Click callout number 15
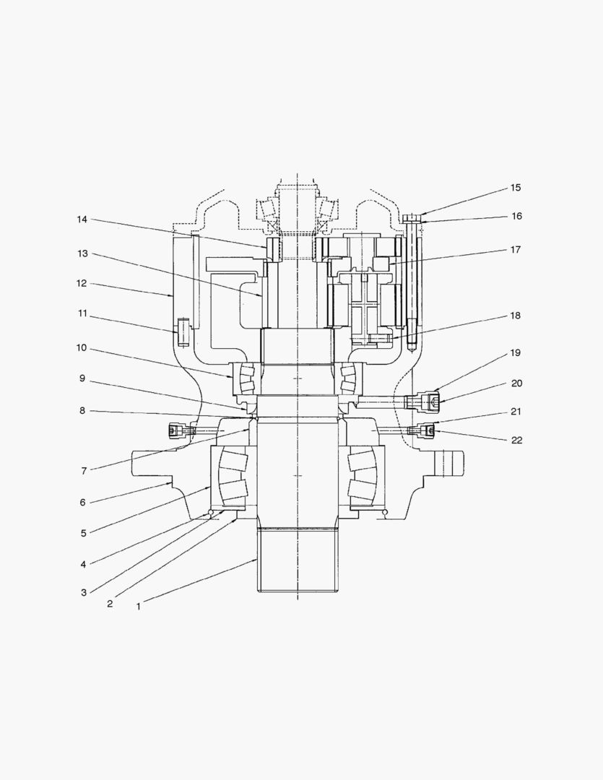tap(516, 188)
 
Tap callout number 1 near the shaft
tap(139, 607)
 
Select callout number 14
tap(82, 220)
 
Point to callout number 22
tap(517, 441)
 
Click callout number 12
tap(82, 283)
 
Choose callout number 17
tap(516, 249)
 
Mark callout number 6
tap(83, 503)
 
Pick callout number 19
tap(516, 352)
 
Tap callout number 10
tap(82, 347)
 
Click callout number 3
tap(84, 592)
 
